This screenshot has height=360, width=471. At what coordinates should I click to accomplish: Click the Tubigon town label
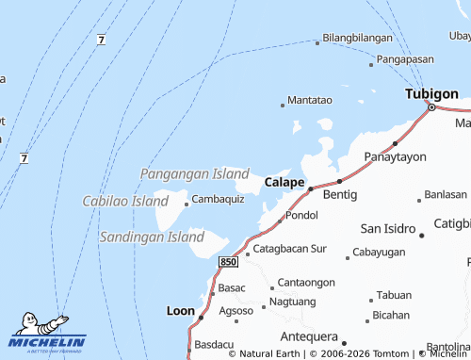coord(431,94)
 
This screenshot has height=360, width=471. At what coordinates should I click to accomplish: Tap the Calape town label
coord(284,182)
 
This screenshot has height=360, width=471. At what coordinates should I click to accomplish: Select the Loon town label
coord(180,310)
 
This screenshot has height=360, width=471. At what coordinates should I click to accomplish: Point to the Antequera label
coord(309,336)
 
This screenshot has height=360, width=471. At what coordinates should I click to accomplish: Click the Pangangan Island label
coord(194,174)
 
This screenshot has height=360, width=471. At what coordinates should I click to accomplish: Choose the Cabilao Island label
coord(125,201)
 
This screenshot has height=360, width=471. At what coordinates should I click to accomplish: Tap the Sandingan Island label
coord(152,237)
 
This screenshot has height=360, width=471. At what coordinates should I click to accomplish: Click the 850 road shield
coord(227,260)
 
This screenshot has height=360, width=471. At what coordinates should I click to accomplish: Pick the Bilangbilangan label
coord(357,38)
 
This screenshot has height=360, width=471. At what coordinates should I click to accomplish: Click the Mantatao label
coord(310,100)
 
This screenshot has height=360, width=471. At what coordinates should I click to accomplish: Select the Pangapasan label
coord(411,59)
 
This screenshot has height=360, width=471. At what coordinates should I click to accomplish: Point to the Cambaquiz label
coord(218,199)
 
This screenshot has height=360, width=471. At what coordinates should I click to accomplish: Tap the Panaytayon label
coord(395,156)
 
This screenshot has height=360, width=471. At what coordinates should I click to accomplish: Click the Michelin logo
coord(47,335)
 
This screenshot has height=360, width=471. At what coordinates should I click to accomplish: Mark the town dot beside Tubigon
coord(431,107)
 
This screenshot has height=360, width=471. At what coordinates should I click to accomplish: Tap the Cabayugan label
coord(379,253)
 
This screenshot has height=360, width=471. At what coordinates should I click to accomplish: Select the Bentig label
coord(340,194)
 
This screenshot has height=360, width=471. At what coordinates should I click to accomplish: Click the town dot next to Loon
coord(201,318)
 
